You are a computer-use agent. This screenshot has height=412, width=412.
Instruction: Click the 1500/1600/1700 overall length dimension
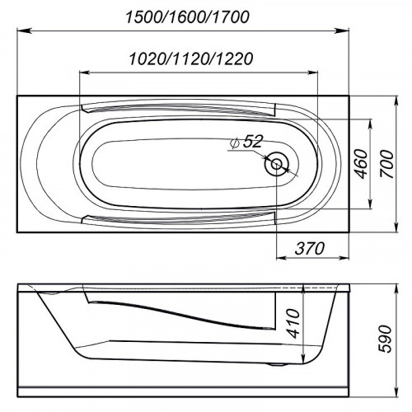[187, 17]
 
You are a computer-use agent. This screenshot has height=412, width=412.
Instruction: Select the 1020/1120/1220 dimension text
[191, 59]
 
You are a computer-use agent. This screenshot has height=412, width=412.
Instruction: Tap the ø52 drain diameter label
[246, 142]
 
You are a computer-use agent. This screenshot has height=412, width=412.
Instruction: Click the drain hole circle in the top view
[277, 164]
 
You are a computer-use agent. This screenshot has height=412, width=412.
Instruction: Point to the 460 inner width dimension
[361, 164]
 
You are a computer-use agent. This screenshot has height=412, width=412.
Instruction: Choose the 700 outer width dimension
[386, 164]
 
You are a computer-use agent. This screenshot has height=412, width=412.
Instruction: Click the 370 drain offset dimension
[310, 248]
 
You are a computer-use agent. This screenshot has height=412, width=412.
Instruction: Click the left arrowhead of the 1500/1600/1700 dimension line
[22, 31]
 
